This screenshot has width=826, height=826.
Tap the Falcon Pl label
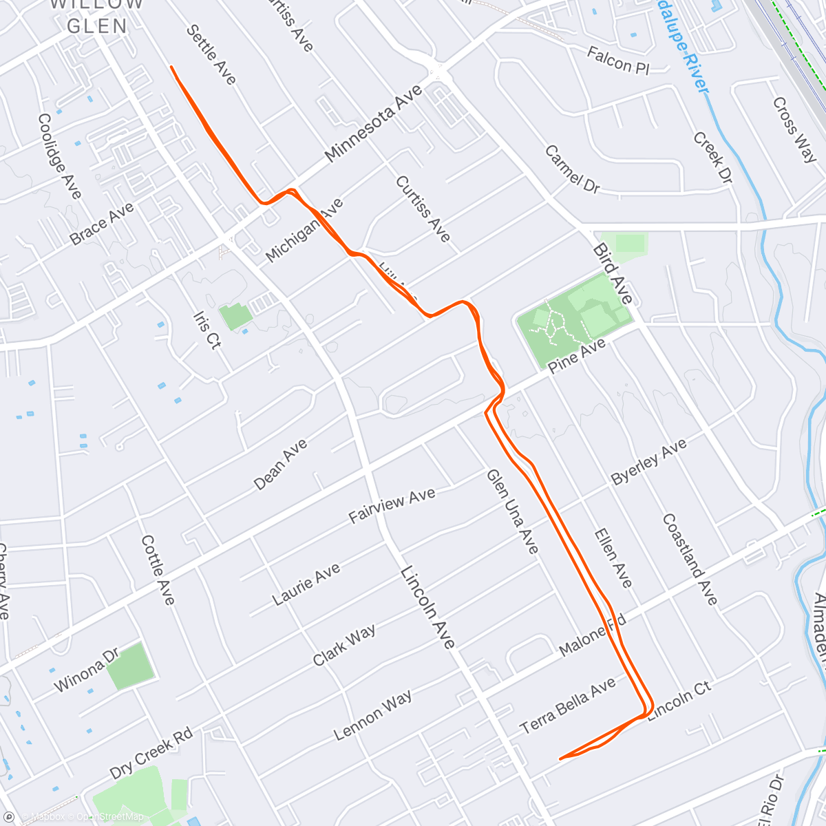(617, 61)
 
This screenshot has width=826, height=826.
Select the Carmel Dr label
(572, 169)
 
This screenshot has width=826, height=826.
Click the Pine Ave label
(577, 356)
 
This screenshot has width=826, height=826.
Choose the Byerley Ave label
(649, 461)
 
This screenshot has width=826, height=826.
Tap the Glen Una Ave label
(512, 511)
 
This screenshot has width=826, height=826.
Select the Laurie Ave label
(306, 584)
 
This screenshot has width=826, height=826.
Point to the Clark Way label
(344, 645)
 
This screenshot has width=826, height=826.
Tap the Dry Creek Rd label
(151, 754)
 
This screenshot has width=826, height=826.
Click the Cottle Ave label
(158, 570)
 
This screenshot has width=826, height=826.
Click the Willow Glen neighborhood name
(97, 15)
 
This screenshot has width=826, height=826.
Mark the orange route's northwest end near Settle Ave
(171, 67)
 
